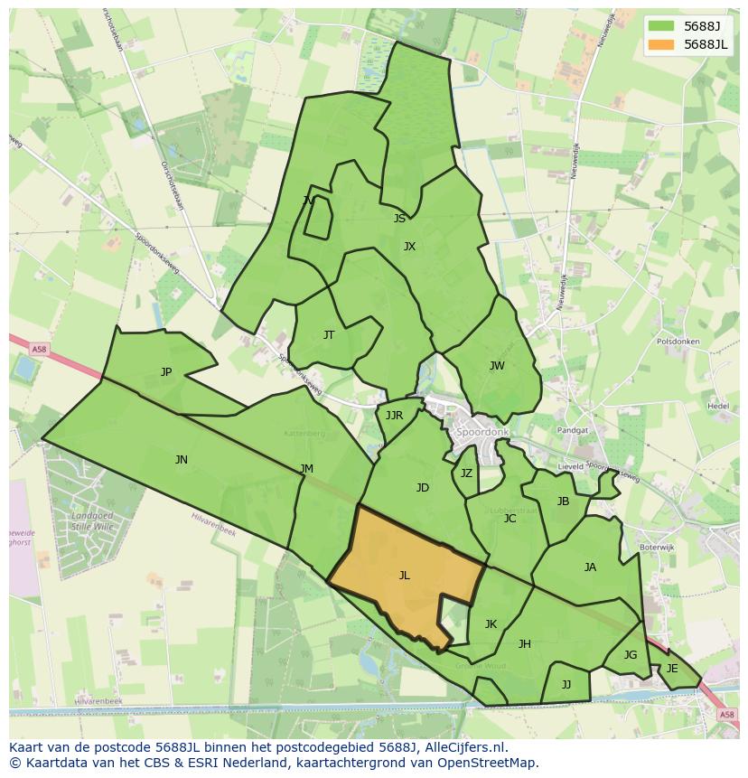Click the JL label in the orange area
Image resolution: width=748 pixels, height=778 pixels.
tap(404, 576)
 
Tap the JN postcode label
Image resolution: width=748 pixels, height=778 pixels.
tap(182, 460)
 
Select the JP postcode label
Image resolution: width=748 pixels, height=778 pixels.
tap(166, 372)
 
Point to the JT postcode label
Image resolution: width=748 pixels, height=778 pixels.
tap(329, 335)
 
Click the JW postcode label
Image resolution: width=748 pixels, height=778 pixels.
tap(497, 366)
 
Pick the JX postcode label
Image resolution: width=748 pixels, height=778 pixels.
tap(409, 247)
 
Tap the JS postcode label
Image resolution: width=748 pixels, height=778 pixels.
tap(399, 219)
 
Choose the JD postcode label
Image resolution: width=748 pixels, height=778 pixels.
tap(423, 488)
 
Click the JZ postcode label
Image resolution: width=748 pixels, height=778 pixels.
tap(466, 473)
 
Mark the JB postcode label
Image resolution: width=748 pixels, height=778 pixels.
tap(563, 501)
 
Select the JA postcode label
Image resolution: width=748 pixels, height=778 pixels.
tap(590, 567)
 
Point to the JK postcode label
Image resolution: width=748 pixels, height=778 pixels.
tap(491, 624)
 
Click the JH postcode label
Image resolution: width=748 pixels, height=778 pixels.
tap(525, 644)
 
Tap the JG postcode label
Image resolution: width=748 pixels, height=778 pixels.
tap(631, 655)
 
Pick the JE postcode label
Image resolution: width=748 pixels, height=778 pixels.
tap(672, 669)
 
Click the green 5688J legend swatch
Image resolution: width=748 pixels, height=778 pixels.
tap(661, 26)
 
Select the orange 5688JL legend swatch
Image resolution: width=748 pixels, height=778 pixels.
tap(661, 44)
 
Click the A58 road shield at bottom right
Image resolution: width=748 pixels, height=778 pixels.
tap(727, 715)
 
